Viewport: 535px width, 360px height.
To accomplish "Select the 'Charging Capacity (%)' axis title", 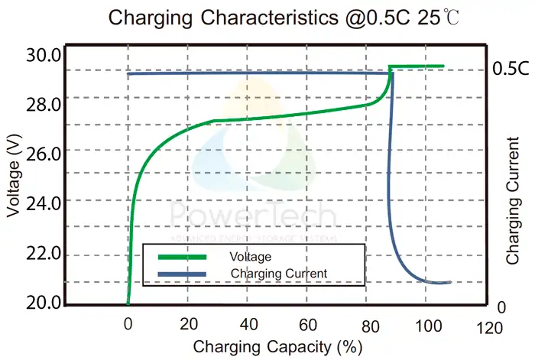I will click(277, 347).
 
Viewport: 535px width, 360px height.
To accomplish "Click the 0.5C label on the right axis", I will click(511, 68).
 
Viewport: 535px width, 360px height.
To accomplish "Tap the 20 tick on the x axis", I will click(187, 324).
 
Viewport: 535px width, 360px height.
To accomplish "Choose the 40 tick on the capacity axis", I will click(248, 324).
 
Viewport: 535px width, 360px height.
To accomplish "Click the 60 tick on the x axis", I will click(308, 324).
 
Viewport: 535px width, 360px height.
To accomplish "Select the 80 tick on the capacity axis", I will click(368, 324).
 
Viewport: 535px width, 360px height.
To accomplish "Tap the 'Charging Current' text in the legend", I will click(277, 273).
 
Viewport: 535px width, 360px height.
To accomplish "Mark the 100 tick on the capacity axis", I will click(429, 324).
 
